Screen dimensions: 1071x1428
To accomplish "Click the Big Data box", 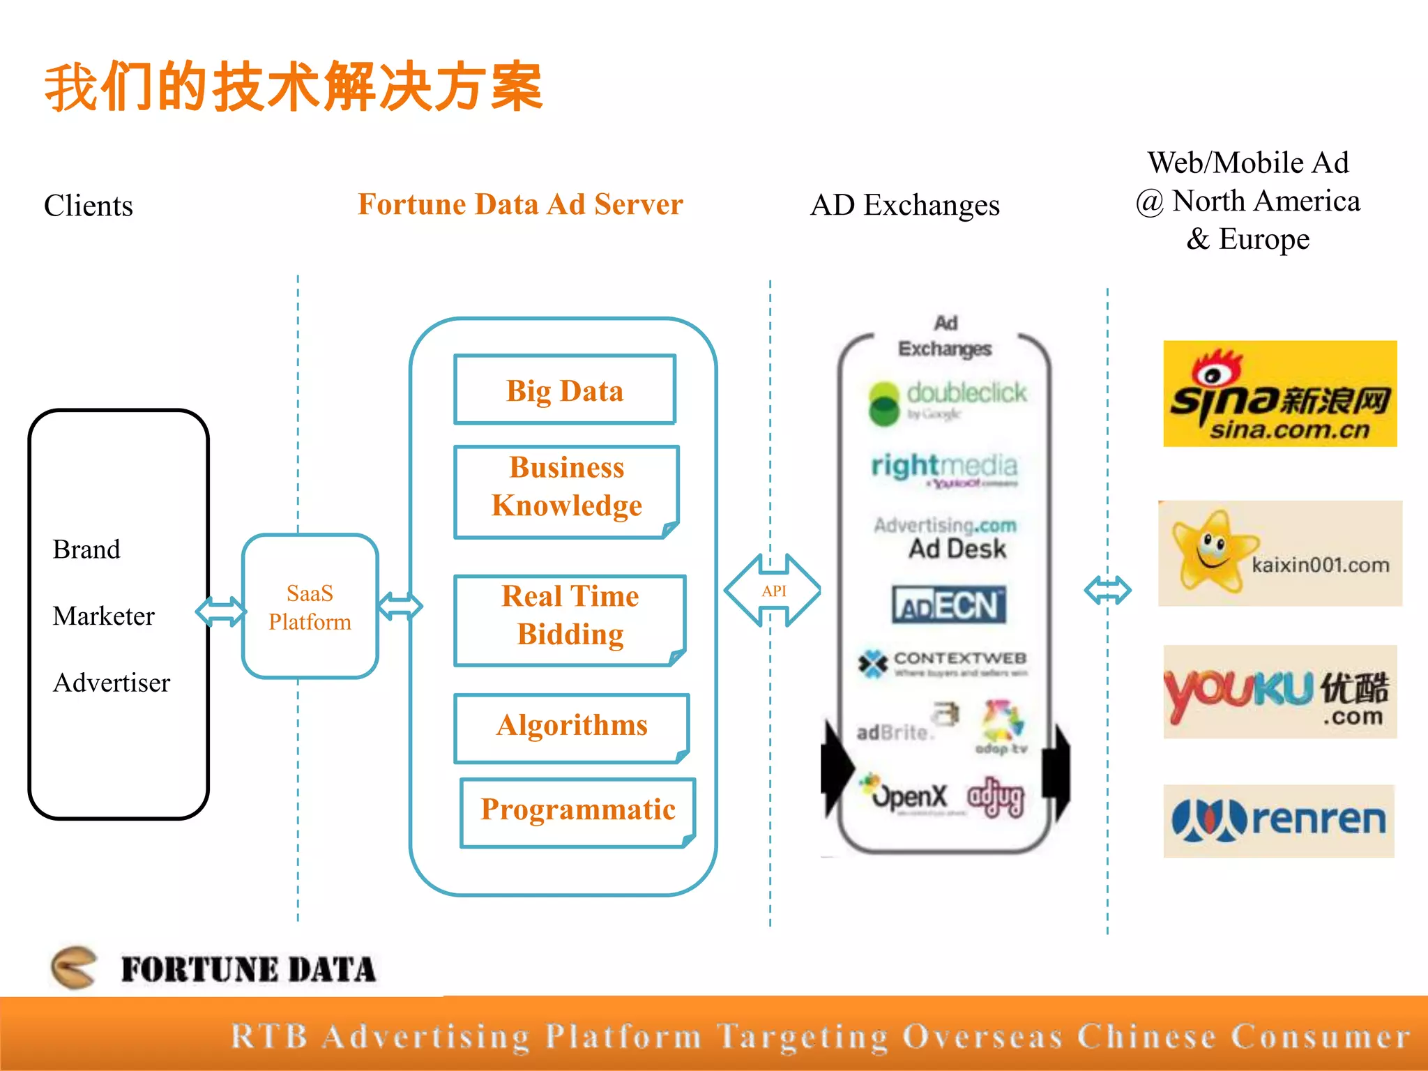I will pos(565,390).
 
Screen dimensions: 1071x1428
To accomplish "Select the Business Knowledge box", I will pos(566,492).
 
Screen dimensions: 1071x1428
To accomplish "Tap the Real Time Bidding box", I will pos(570,620).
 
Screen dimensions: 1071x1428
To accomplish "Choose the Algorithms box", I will pos(571,727).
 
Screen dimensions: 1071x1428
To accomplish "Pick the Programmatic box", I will pos(577,812).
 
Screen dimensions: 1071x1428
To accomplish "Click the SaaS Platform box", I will pos(310,607).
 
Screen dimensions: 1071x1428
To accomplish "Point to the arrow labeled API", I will pos(773,591).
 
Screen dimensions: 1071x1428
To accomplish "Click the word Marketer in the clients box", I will pos(103,616).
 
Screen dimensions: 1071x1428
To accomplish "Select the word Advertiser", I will pos(112,683).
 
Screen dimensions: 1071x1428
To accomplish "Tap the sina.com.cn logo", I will pos(1279,394).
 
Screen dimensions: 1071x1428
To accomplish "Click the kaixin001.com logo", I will pos(1279,554).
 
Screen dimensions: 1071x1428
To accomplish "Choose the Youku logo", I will pos(1279,692).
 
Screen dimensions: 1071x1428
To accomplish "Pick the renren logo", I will pos(1278,821).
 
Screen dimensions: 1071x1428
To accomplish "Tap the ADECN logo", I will pos(948,605).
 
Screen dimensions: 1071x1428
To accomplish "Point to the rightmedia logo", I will pos(944,467).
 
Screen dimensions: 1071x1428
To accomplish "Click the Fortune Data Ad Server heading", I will pos(520,204).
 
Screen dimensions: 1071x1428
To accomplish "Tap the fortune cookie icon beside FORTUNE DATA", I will pos(74,967).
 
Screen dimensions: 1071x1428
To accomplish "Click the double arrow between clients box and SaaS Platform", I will pos(221,612).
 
